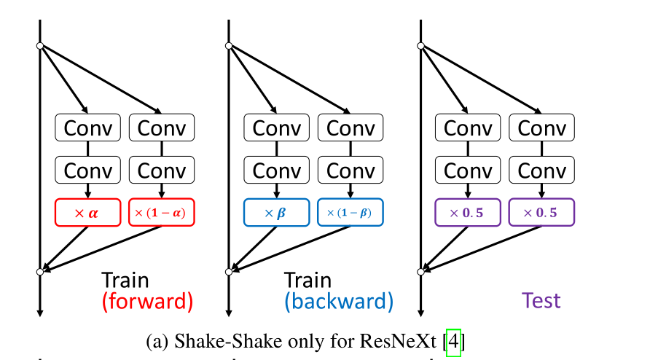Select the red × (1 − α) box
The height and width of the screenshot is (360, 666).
[x=162, y=213]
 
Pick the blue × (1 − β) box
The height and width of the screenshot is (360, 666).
[x=350, y=213]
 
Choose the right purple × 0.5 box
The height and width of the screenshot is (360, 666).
[x=541, y=213]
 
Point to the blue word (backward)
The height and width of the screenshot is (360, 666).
[x=339, y=301]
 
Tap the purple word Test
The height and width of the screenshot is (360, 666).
[x=541, y=301]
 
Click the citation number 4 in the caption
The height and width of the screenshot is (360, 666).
[x=453, y=341]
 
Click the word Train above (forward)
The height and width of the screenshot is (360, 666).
[x=125, y=281]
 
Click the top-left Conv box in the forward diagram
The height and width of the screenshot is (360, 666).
[x=88, y=128]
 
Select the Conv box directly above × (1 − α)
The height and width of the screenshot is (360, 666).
[x=162, y=171]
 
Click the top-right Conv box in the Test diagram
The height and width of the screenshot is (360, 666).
[x=541, y=128]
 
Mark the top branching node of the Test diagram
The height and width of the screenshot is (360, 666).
[x=420, y=46]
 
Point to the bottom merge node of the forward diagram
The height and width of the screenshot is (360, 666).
[x=40, y=272]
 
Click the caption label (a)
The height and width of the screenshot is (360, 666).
[x=157, y=341]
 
